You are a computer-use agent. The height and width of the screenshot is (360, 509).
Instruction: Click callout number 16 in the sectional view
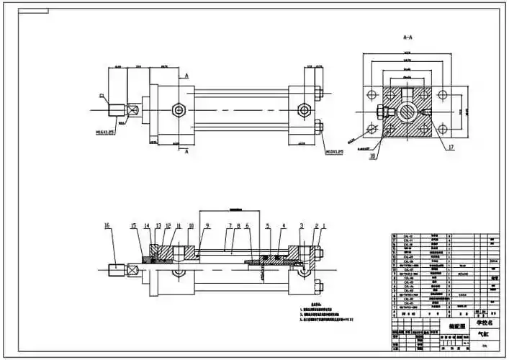tap(107, 226)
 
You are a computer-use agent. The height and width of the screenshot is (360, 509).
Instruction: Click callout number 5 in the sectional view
tap(267, 226)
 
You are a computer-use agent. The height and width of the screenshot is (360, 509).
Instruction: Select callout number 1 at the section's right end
tap(324, 226)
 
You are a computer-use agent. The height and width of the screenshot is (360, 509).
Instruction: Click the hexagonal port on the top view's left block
tap(178, 109)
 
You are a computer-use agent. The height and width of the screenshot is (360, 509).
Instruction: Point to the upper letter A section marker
tap(187, 75)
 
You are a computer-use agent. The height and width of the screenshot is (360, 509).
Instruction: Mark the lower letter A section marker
tap(187, 152)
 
